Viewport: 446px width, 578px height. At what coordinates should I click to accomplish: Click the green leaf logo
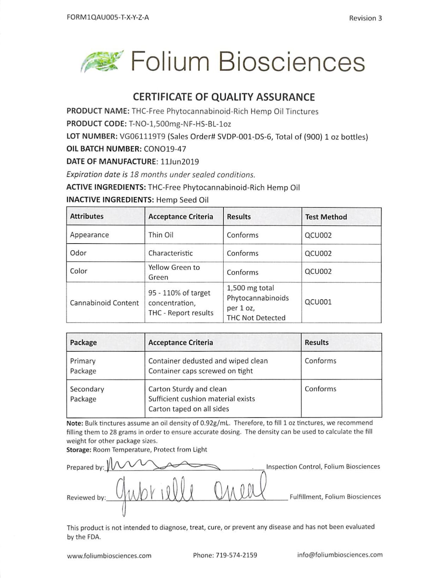pyautogui.click(x=102, y=61)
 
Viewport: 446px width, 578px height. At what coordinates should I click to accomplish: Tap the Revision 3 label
pyautogui.click(x=365, y=18)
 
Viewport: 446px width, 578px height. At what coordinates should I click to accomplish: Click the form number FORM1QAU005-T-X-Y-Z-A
pyautogui.click(x=107, y=17)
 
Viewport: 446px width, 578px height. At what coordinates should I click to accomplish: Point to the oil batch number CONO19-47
pyautogui.click(x=165, y=149)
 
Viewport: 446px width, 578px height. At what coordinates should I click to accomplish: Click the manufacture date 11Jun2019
pyautogui.click(x=180, y=162)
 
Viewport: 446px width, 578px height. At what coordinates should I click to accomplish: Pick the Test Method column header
pyautogui.click(x=326, y=217)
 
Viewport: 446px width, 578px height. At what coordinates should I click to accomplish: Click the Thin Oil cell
pyautogui.click(x=161, y=235)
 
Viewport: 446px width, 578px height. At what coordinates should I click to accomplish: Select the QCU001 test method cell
pyautogui.click(x=318, y=302)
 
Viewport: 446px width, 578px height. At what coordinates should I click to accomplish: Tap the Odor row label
pyautogui.click(x=78, y=253)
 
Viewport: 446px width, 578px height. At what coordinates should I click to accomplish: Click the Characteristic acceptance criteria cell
pyautogui.click(x=170, y=253)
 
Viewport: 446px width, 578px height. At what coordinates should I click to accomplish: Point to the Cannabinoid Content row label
pyautogui.click(x=104, y=303)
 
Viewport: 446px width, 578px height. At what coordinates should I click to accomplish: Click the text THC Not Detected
pyautogui.click(x=256, y=318)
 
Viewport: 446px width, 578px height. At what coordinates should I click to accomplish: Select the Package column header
pyautogui.click(x=83, y=343)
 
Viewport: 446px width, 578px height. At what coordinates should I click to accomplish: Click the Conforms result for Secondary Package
pyautogui.click(x=320, y=389)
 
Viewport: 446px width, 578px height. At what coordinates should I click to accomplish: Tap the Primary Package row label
pyautogui.click(x=83, y=366)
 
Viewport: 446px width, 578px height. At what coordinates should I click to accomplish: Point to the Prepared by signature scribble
pyautogui.click(x=162, y=465)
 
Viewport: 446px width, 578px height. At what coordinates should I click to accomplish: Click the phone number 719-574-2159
pyautogui.click(x=236, y=555)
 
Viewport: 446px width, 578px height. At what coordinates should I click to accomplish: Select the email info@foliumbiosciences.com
pyautogui.click(x=340, y=555)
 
